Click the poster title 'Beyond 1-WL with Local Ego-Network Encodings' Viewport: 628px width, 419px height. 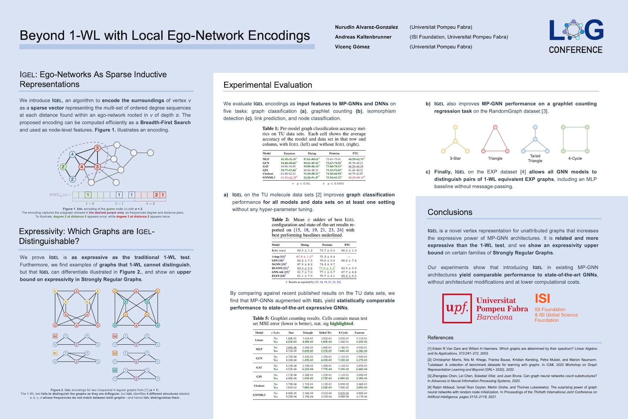pos(165,35)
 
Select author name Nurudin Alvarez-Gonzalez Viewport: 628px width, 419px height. pos(366,27)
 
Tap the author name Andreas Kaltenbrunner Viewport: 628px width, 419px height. pos(363,37)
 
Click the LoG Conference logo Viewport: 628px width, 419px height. pos(576,37)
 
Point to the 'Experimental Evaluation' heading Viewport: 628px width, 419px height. pos(268,85)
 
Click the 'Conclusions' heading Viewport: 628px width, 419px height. pos(450,213)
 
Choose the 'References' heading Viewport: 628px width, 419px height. pos(440,338)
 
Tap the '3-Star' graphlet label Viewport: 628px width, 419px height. pos(455,158)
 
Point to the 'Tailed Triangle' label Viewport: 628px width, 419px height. pos(535,158)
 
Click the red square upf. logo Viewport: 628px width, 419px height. pos(457,308)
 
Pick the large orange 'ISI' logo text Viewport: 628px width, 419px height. pos(543,299)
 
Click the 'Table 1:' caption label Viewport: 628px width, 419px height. pos(270,129)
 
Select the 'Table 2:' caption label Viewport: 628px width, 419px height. pos(280,220)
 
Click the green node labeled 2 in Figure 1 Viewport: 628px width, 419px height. pos(63,167)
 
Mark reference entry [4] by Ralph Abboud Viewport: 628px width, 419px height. pos(512,392)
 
